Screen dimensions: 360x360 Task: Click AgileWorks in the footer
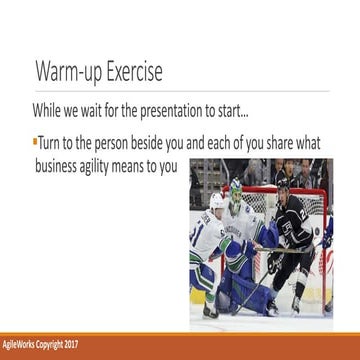(x=21, y=348)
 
